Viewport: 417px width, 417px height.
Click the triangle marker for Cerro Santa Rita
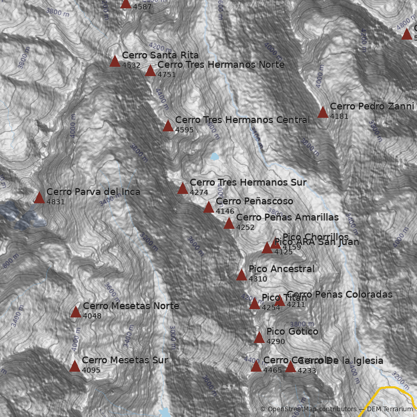(x=115, y=62)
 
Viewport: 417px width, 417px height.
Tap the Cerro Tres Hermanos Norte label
(x=220, y=65)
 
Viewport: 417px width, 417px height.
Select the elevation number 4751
(x=167, y=75)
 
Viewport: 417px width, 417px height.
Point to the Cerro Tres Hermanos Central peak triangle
(x=168, y=126)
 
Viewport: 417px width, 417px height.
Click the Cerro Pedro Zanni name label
(x=372, y=106)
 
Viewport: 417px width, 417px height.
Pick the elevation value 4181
(x=339, y=116)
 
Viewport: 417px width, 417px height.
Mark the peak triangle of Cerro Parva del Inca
(x=39, y=198)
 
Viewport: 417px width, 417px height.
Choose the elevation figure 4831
(x=56, y=202)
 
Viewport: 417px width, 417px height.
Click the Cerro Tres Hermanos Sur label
(x=248, y=182)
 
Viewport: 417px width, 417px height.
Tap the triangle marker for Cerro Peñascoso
(x=208, y=207)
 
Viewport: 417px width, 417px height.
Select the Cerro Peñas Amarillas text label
(x=287, y=217)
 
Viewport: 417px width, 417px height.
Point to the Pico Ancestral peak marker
(x=241, y=275)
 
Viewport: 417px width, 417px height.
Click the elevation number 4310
(x=258, y=279)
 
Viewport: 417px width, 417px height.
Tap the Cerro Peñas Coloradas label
(x=339, y=295)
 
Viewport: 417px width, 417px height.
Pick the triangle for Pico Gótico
(x=259, y=338)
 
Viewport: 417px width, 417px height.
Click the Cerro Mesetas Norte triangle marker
(x=76, y=312)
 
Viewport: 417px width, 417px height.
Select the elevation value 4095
(x=91, y=370)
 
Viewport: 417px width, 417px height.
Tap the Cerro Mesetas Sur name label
(x=125, y=360)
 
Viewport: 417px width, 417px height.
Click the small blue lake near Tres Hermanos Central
(x=214, y=156)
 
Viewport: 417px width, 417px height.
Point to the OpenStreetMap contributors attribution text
(x=308, y=409)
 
